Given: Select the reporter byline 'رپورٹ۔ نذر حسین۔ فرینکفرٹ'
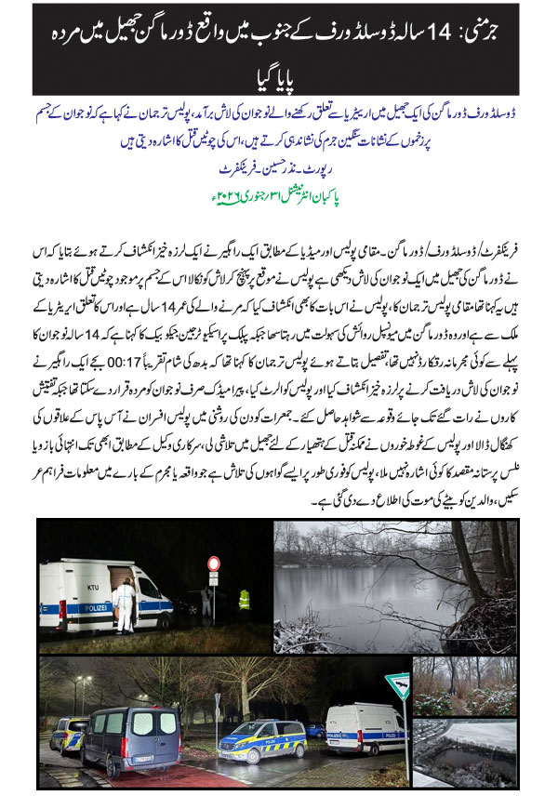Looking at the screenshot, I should click(279, 172).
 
